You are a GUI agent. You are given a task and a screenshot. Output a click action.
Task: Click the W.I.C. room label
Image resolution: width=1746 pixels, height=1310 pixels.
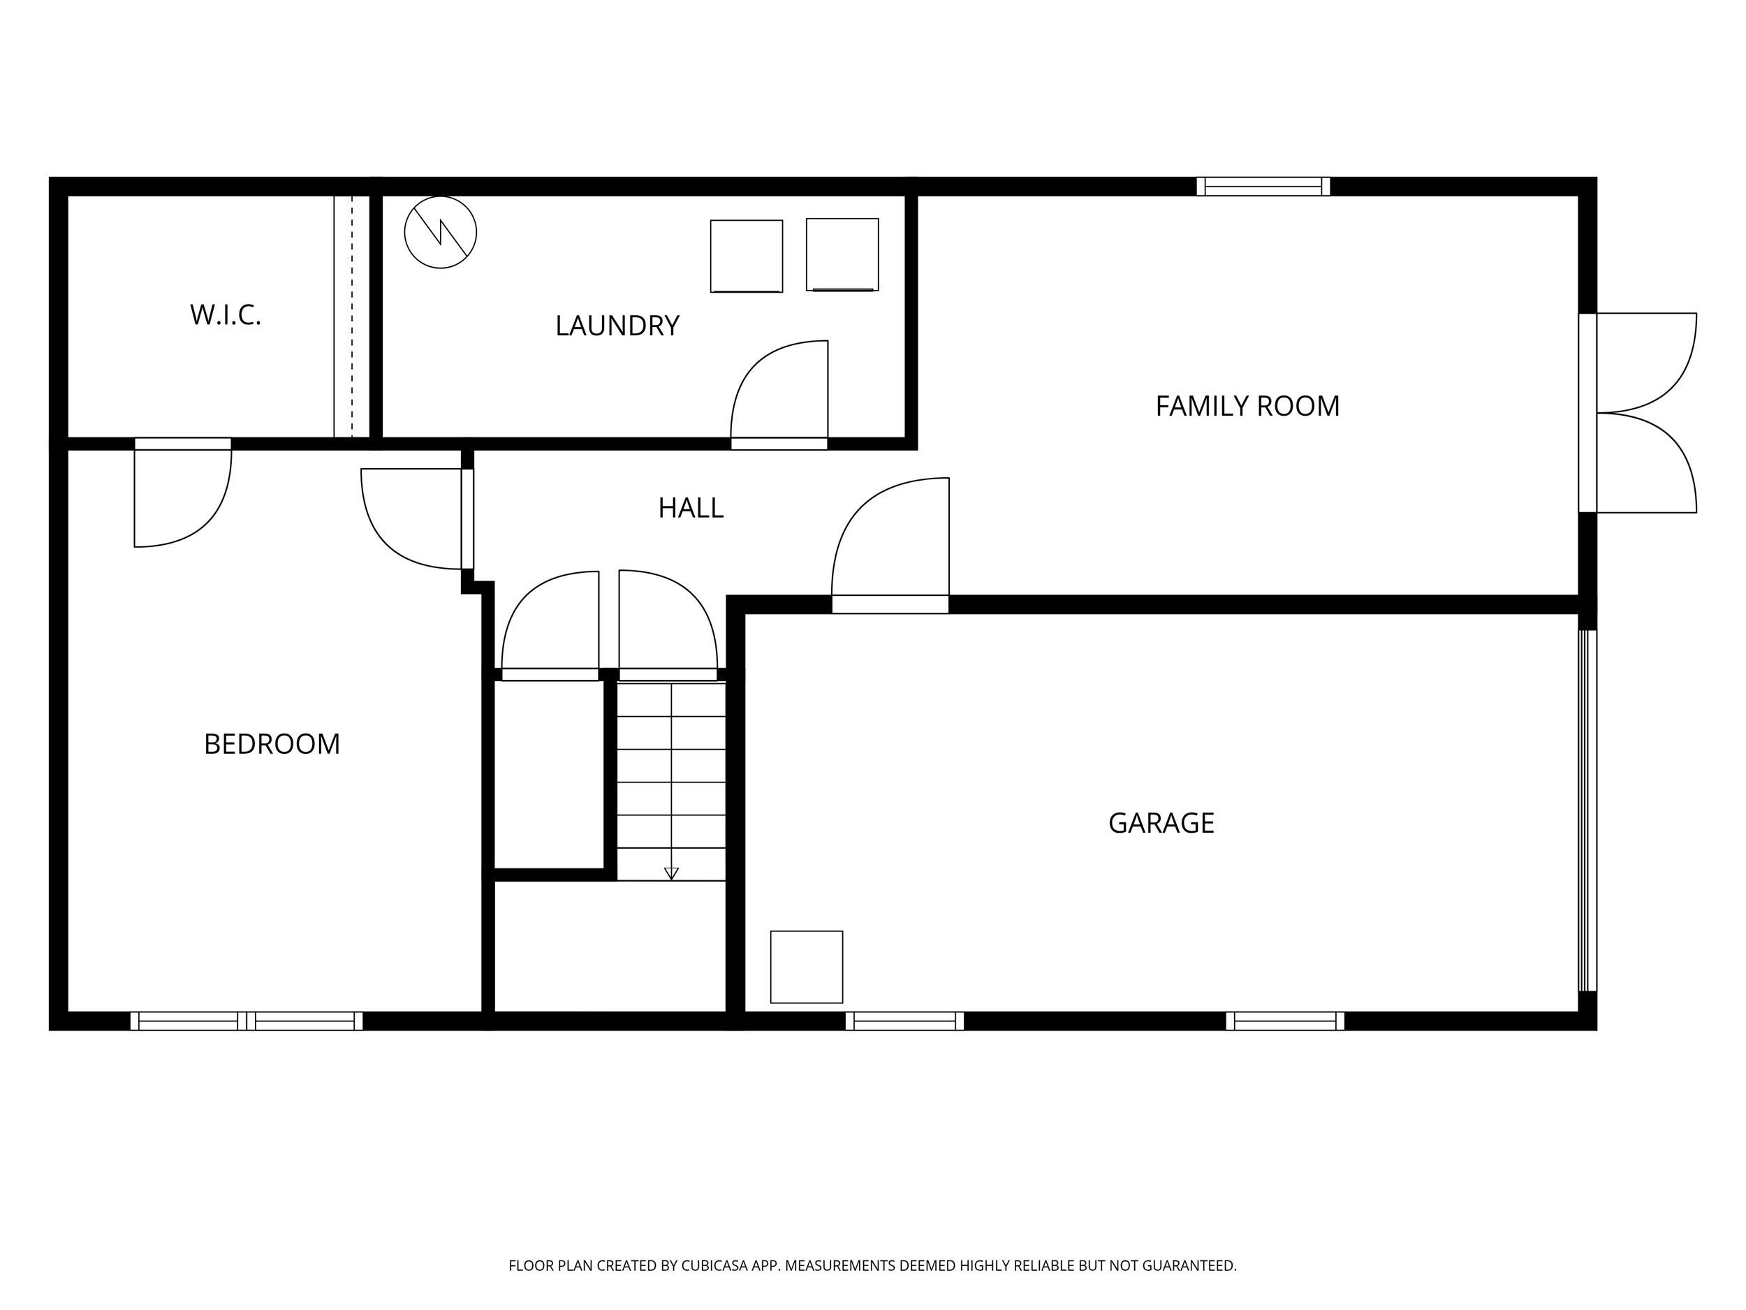tap(225, 315)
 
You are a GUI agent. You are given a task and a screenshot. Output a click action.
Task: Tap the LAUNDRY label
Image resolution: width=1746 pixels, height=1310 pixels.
tap(617, 326)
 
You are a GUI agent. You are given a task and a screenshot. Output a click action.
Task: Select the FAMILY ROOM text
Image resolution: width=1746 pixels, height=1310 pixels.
tap(1247, 407)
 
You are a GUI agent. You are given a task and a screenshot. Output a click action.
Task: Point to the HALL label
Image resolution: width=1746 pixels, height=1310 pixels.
tap(691, 509)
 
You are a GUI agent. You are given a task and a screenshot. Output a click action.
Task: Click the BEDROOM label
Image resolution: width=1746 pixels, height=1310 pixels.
tap(272, 745)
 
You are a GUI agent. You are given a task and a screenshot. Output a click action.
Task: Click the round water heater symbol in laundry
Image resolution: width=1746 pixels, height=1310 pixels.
tap(441, 232)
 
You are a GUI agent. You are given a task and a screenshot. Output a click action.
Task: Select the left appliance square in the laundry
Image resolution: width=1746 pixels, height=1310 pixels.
tap(746, 256)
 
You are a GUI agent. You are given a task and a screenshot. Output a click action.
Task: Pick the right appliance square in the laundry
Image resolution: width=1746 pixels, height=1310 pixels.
tap(842, 254)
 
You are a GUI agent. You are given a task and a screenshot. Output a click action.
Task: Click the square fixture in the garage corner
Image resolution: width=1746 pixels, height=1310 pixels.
tap(806, 966)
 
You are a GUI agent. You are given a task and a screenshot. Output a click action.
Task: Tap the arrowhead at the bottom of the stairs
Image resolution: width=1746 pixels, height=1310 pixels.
tap(671, 873)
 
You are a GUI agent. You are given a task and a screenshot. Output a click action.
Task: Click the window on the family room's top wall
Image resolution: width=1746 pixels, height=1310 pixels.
tap(1263, 187)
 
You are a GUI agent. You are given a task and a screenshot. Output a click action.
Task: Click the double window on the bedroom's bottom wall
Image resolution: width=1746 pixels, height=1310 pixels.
tap(247, 1021)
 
